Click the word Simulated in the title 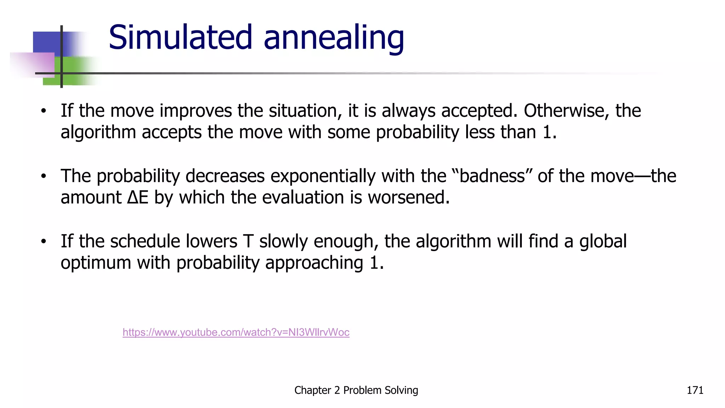click(180, 37)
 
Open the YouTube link click(236, 332)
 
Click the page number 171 click(695, 390)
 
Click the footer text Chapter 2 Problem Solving click(356, 390)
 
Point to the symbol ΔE click(138, 197)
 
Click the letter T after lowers click(248, 241)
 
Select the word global click(603, 241)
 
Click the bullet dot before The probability click(43, 176)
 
